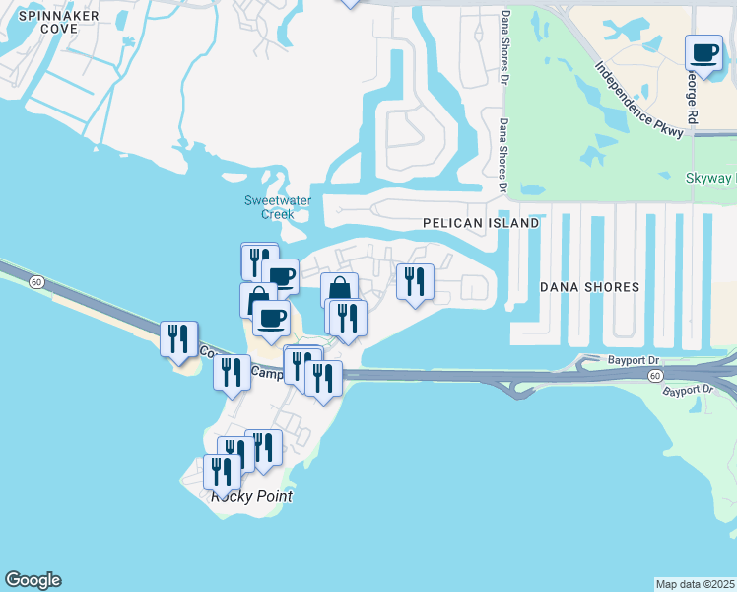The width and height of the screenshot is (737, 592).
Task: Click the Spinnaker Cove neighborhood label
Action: [45, 22]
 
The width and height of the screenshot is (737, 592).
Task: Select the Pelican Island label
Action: [481, 224]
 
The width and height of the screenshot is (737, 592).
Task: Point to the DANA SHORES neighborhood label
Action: [590, 287]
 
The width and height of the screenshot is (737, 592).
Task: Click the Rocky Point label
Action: [252, 496]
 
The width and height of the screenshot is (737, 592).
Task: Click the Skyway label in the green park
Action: [709, 179]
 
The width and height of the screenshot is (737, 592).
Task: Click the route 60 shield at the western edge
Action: [36, 282]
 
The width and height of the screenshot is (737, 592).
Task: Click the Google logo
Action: [33, 580]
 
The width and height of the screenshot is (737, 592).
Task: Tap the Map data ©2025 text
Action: [695, 584]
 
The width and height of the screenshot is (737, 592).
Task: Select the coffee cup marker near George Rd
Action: [703, 52]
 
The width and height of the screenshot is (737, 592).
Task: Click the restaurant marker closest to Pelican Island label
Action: [415, 282]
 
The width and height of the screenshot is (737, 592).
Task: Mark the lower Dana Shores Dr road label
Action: [502, 154]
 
